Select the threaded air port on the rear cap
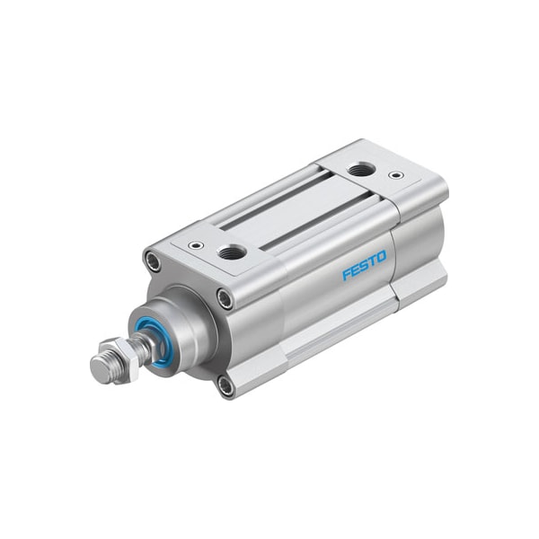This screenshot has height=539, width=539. (x=361, y=168)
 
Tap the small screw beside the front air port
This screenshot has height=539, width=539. (x=195, y=244)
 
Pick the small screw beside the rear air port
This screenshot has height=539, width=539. (x=396, y=174)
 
